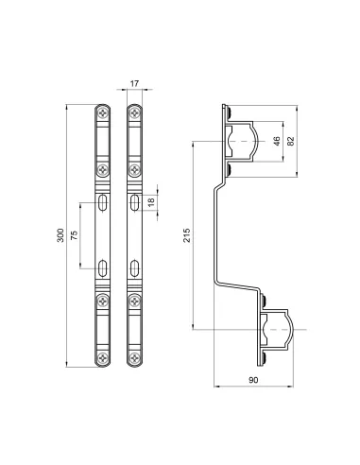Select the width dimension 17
click(135, 85)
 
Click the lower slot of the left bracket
click(103, 266)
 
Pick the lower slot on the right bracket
click(135, 266)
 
